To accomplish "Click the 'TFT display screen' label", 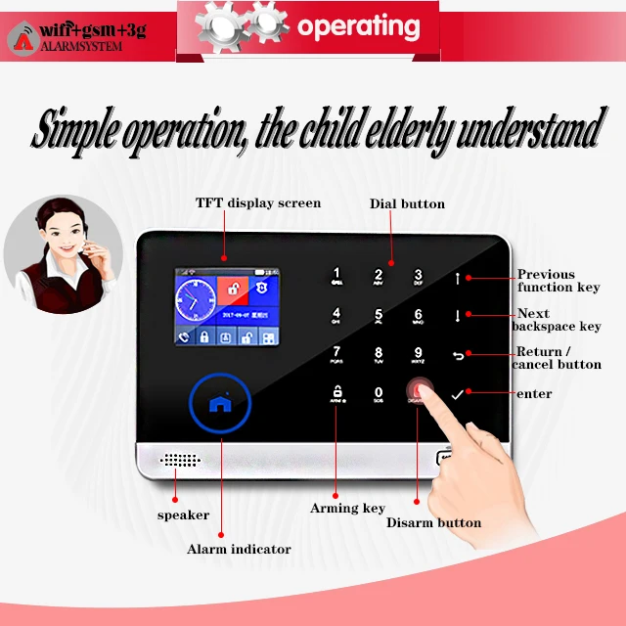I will point(258,202).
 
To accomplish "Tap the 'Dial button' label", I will point(407,203).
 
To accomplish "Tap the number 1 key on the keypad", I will point(337,276).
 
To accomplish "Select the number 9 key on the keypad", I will point(419,354).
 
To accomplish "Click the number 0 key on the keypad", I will point(379,393).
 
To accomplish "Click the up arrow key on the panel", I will point(457,279).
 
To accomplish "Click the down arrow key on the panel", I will point(457,315).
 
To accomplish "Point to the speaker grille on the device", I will point(178,459).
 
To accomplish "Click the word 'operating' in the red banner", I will point(358,27).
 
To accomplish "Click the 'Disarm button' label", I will point(433,522).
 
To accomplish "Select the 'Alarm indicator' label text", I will point(239,549).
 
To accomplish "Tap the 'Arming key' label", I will point(347,508).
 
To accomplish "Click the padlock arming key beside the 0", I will point(337,394).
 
